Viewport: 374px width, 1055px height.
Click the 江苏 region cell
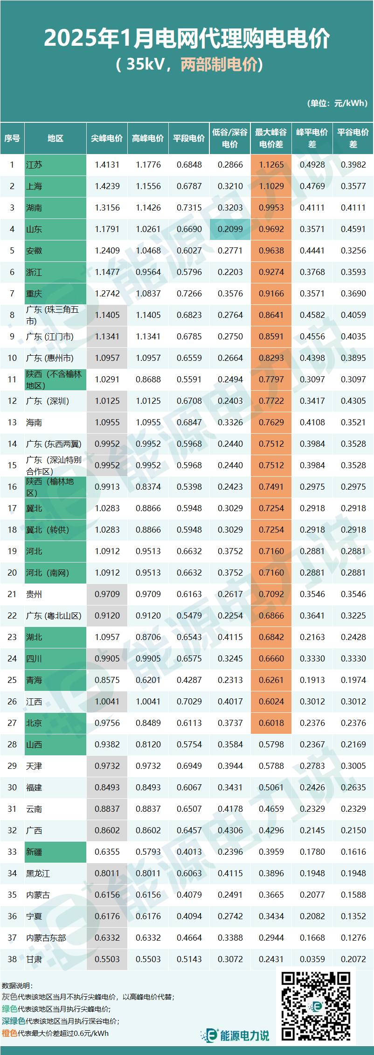[x=55, y=165]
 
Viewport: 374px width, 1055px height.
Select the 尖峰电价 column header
[x=107, y=138]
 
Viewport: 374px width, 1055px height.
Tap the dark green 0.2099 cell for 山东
[x=230, y=229]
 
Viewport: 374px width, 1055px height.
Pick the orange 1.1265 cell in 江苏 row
[x=271, y=165]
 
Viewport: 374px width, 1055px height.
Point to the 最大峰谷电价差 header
[x=271, y=138]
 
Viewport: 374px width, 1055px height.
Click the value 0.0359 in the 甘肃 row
[x=312, y=959]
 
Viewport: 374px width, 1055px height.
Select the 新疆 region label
[x=34, y=852]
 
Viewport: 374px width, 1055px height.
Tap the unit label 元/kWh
[x=351, y=103]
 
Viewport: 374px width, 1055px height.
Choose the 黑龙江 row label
[x=38, y=873]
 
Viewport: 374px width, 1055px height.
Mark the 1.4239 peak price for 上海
[x=107, y=186]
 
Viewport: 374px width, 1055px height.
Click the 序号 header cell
[x=12, y=138]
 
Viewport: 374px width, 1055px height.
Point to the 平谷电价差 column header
[x=353, y=138]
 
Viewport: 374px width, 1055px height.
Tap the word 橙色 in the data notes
[x=9, y=1033]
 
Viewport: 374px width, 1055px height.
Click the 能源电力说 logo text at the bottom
[x=244, y=1035]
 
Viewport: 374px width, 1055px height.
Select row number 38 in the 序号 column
[x=12, y=959]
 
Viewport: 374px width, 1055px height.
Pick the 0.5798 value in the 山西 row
[x=271, y=745]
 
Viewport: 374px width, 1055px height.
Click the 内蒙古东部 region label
[x=46, y=938]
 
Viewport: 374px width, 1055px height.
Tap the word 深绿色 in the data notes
[x=14, y=1021]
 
